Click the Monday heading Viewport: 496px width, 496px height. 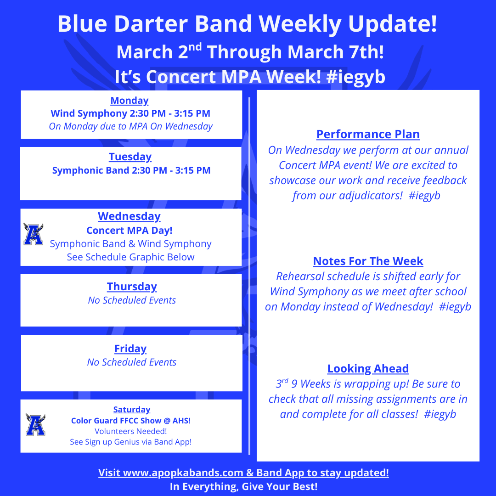130,101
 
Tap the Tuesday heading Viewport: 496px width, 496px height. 130,157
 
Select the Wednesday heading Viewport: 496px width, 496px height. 129,216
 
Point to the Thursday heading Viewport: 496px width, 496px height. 132,287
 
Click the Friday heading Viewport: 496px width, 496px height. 130,349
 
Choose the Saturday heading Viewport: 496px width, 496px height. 132,409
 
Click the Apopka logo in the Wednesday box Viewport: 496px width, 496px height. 33,234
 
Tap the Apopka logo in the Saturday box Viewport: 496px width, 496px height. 35,424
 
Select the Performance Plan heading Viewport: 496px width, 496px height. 368,135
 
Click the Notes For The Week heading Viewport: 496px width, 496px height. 368,261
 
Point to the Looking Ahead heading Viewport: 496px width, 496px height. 368,369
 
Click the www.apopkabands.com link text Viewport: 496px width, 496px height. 183,473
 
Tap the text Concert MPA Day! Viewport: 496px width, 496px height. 130,230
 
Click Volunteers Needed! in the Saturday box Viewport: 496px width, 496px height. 130,431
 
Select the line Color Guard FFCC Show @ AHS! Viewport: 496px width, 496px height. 130,421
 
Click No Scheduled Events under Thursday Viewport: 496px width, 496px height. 132,300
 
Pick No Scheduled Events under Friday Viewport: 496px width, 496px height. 132,362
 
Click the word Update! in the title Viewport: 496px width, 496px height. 393,24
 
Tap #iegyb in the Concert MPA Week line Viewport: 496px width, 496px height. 356,77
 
